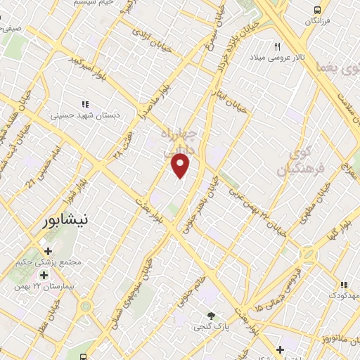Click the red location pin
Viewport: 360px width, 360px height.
pyautogui.click(x=181, y=165)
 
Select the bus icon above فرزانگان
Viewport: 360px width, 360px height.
pyautogui.click(x=318, y=10)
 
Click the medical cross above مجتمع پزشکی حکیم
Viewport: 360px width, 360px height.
pyautogui.click(x=48, y=251)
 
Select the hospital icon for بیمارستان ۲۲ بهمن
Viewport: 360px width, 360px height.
pyautogui.click(x=44, y=275)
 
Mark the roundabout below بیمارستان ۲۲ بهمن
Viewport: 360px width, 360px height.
pyautogui.click(x=86, y=307)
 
